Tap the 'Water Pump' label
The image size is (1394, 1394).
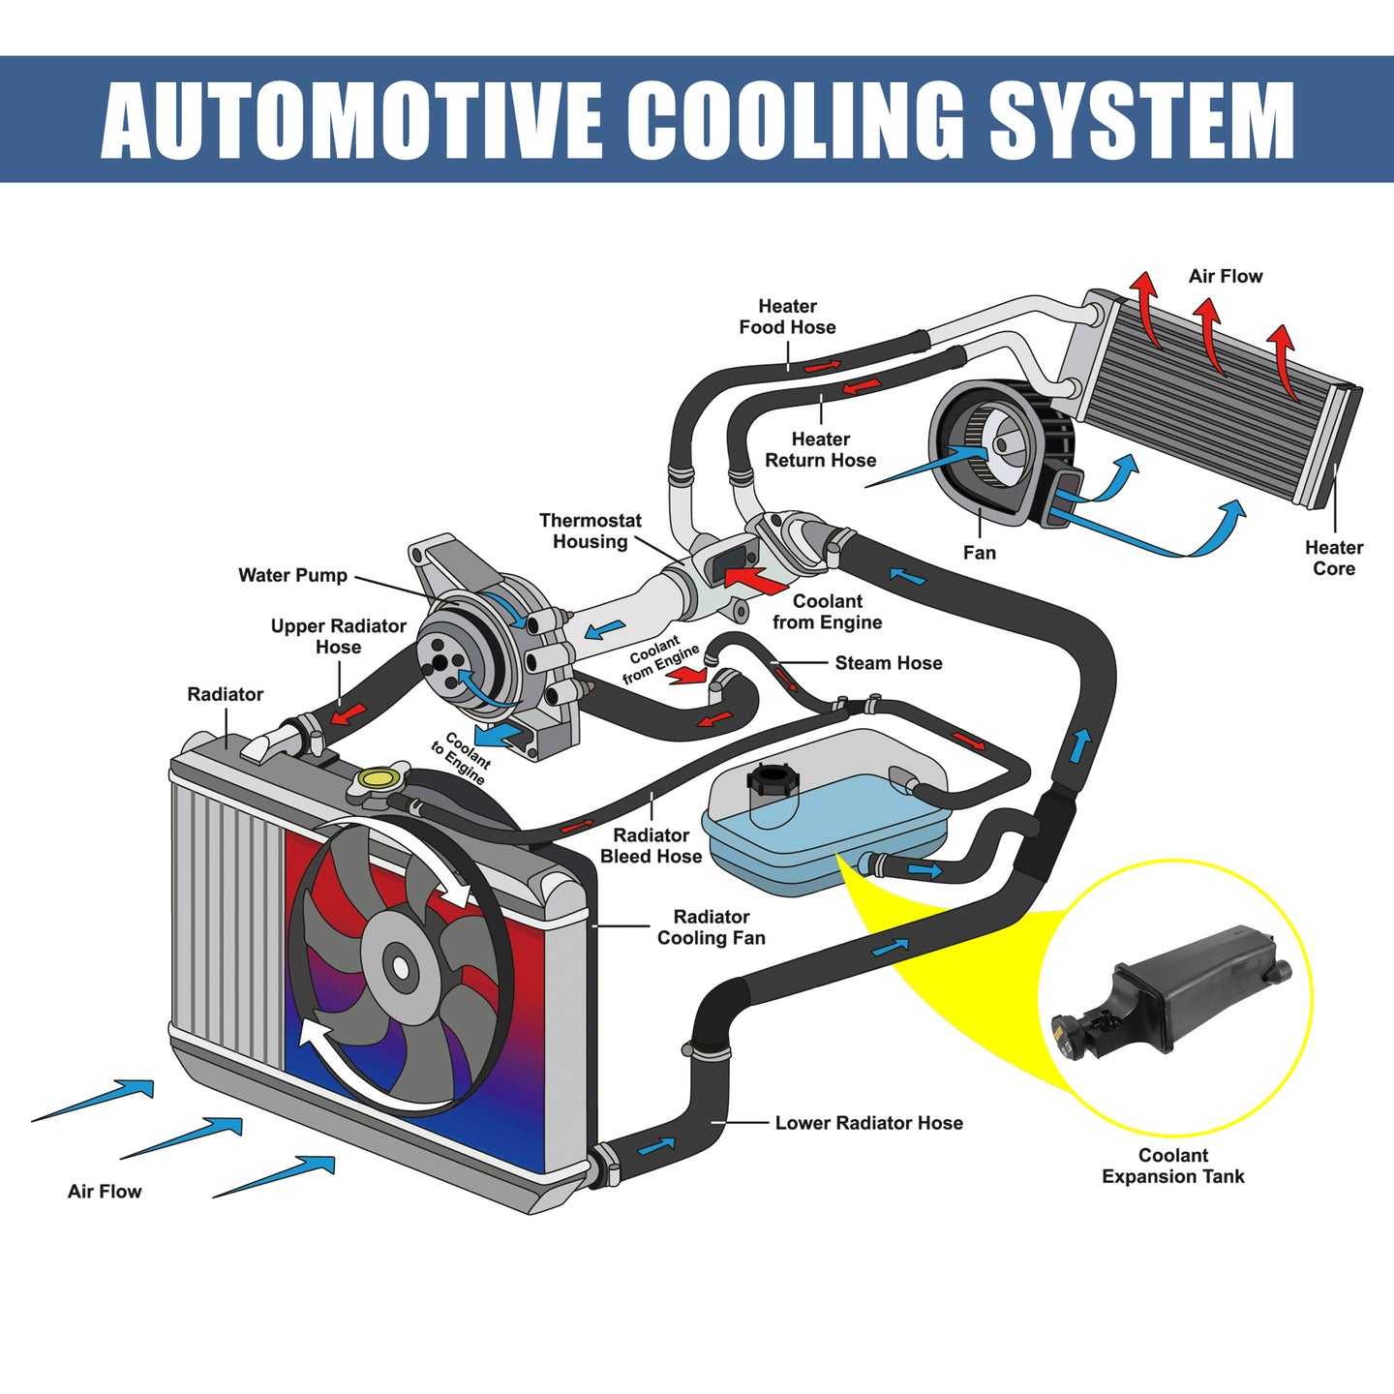point(293,576)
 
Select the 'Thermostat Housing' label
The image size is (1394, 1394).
point(591,531)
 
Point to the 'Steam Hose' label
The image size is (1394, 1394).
point(889,663)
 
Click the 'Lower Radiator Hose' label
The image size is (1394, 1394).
point(868,1124)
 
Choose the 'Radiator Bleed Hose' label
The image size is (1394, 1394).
point(652,846)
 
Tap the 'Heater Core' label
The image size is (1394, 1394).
point(1334,558)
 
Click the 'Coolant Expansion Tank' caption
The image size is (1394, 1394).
point(1172,1167)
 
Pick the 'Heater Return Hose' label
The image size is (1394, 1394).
point(820,450)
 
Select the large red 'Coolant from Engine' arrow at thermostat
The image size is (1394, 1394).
point(754,580)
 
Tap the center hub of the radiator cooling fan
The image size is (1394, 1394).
point(400,966)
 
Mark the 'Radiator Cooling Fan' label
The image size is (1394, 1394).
point(711,927)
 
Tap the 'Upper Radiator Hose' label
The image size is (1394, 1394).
point(339,637)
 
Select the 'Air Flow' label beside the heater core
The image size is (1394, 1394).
point(1226,276)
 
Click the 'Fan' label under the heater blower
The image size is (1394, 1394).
point(980,553)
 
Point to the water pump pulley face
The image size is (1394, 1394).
point(442,662)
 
